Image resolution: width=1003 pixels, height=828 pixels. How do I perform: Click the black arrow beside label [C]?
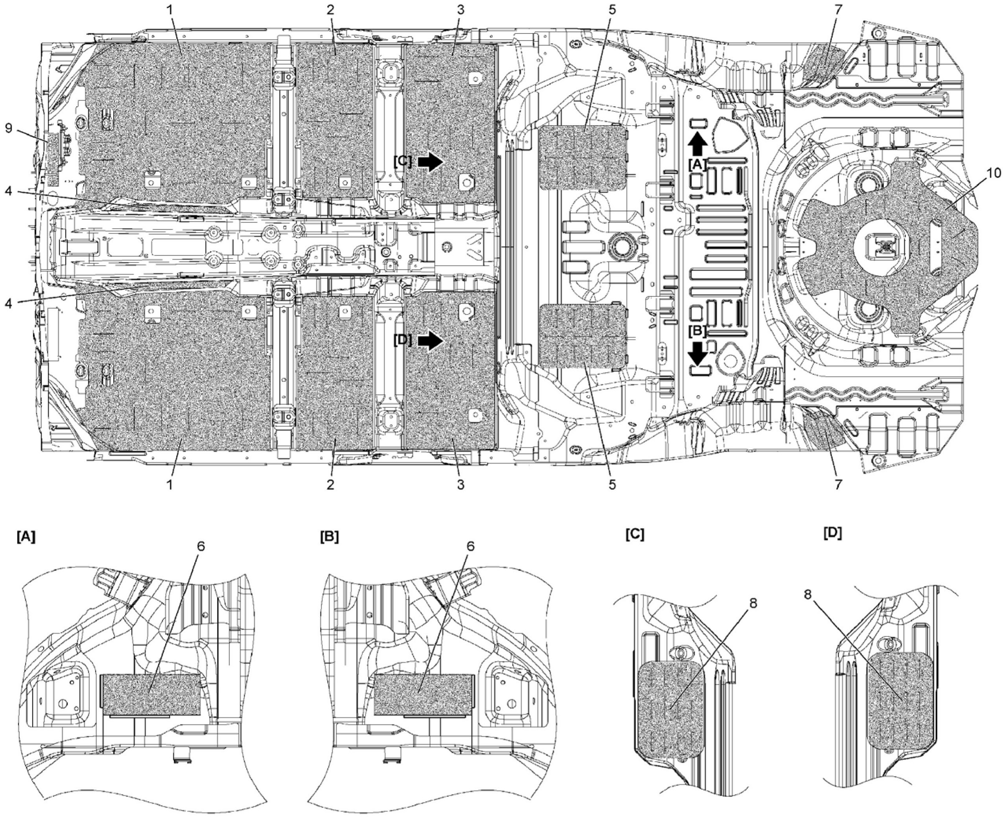[431, 162]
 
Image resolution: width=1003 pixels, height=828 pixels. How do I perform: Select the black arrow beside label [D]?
[431, 341]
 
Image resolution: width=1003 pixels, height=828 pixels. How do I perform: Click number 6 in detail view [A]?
[201, 546]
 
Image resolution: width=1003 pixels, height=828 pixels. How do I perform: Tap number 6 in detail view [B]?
[470, 546]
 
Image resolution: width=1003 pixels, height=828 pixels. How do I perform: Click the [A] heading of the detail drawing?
[26, 537]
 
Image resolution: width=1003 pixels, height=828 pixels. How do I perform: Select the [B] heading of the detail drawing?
[330, 537]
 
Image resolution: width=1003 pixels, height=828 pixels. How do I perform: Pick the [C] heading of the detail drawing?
[634, 534]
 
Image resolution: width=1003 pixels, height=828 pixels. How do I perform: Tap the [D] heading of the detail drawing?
[832, 533]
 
